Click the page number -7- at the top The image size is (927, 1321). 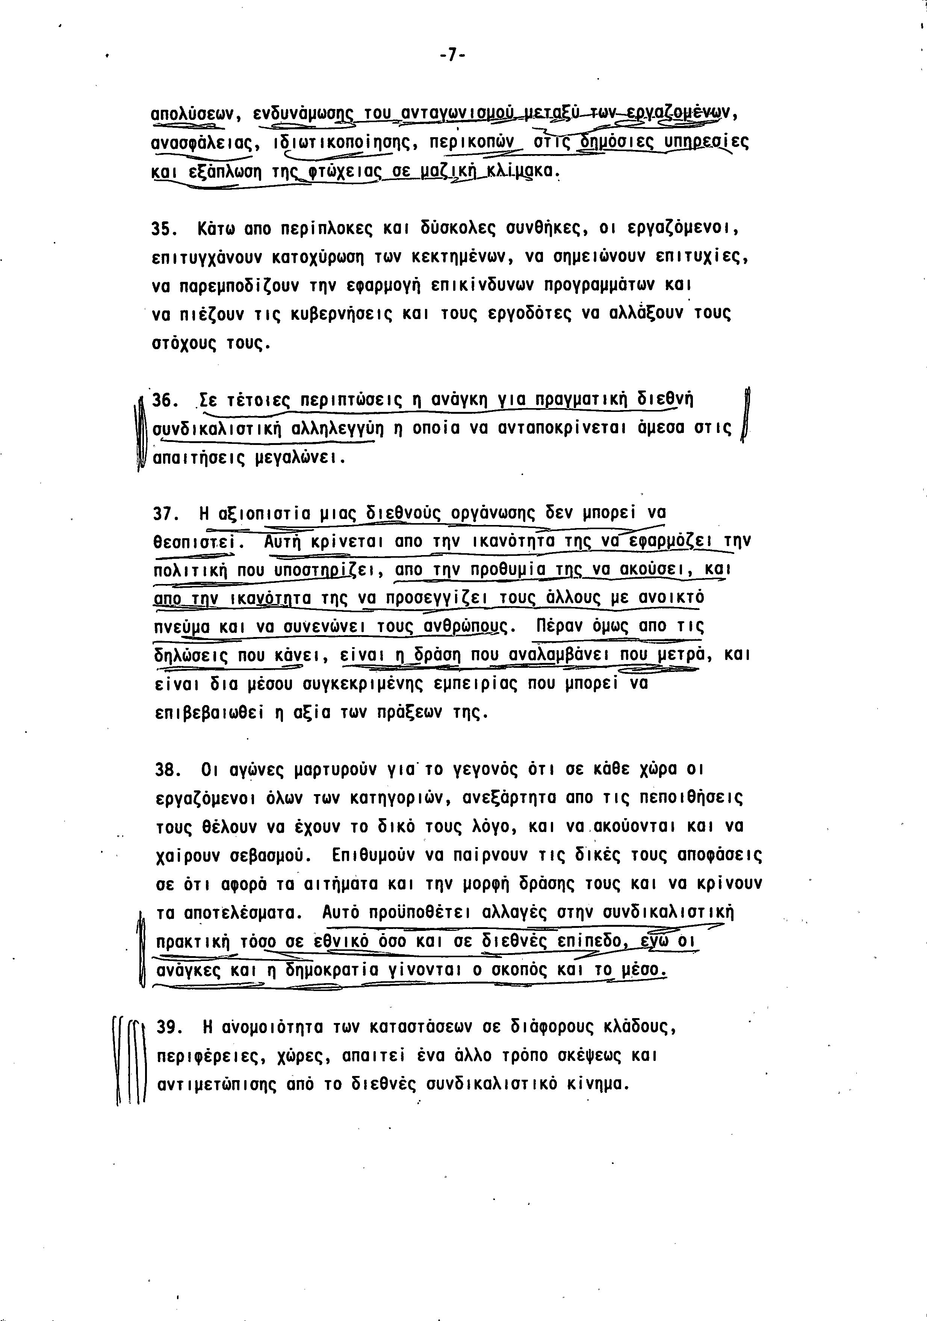click(452, 55)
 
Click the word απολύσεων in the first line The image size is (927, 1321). click(192, 114)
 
